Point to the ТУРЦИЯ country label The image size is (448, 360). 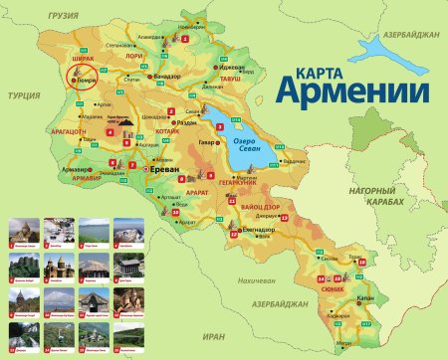coord(19,94)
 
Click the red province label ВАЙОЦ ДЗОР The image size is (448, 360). coord(261,206)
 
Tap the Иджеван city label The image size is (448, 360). coord(235,65)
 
